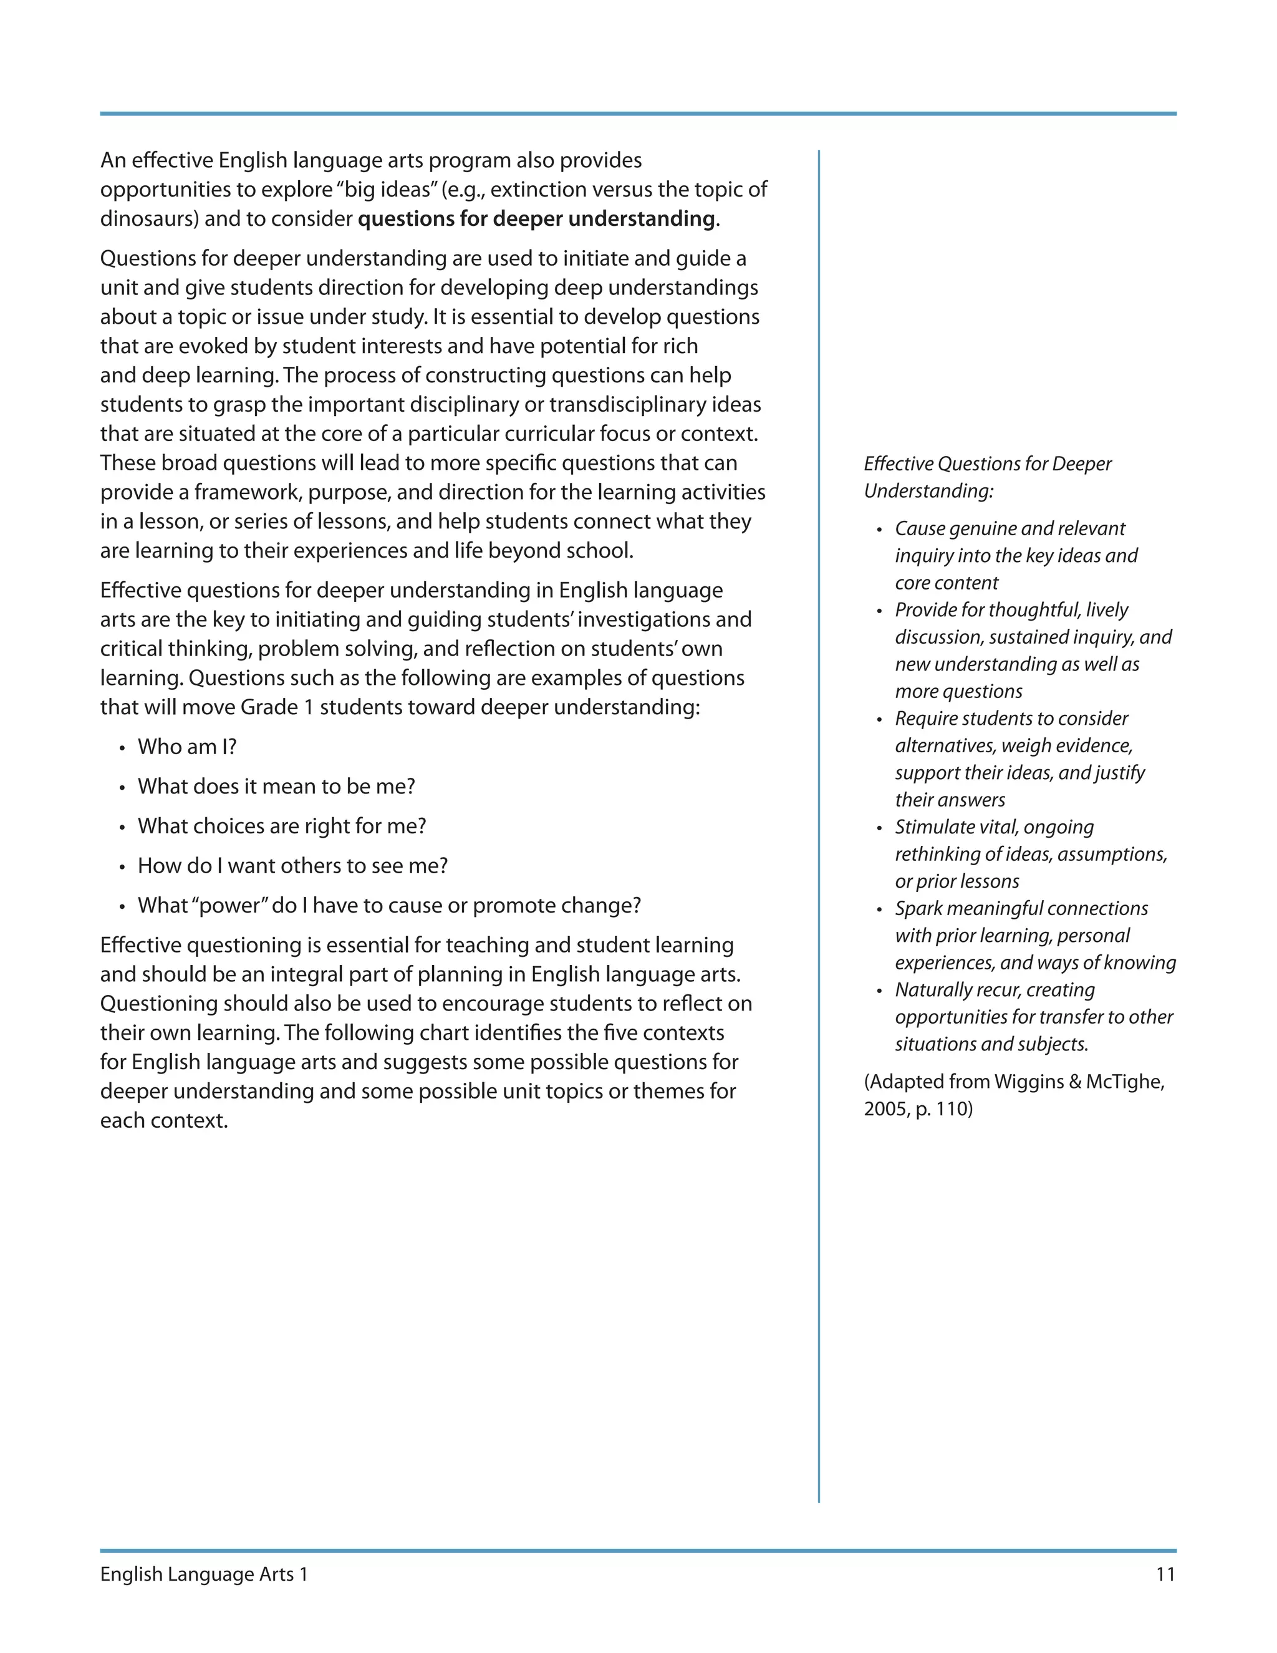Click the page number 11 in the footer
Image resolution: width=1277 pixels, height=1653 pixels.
click(1165, 1574)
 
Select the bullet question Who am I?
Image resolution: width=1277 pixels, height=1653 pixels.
click(187, 747)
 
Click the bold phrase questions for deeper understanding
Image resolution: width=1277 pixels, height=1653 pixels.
click(536, 220)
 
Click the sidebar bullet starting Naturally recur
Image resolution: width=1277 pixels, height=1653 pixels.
click(994, 991)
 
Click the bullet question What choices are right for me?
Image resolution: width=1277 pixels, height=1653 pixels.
click(281, 826)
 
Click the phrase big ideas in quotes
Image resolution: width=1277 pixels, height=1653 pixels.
click(390, 190)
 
